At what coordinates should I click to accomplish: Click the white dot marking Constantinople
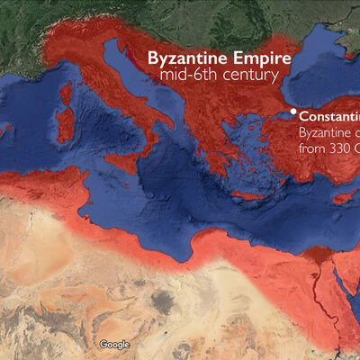[292, 113]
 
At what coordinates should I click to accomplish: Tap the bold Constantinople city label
[329, 116]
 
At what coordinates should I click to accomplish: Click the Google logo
[114, 345]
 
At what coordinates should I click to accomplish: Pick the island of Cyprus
[344, 195]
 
